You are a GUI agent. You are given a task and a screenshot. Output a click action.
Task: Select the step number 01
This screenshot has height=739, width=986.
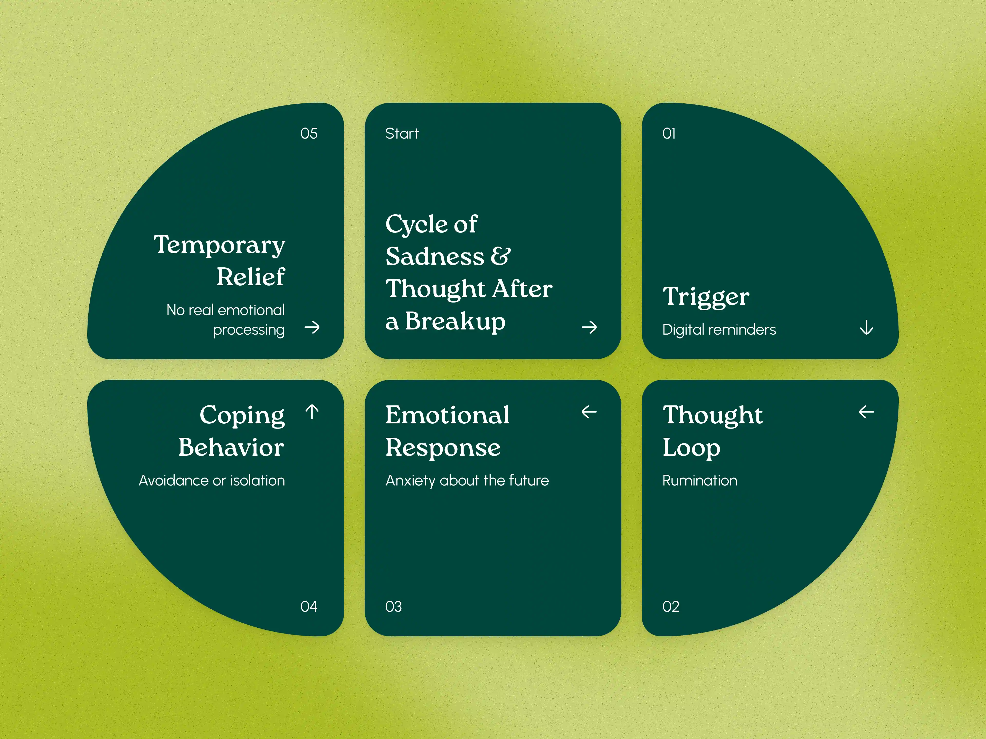point(669,134)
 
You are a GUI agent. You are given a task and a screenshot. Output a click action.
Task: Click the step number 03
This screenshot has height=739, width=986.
point(393,607)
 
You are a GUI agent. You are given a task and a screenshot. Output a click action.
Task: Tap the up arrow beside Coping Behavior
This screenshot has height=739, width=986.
point(312,412)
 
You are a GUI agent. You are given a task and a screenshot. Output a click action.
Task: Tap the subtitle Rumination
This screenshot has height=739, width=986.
point(699,481)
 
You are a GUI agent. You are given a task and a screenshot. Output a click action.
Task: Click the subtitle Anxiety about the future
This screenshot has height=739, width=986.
point(467,481)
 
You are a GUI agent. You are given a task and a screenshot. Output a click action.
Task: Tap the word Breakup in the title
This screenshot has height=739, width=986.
point(455,322)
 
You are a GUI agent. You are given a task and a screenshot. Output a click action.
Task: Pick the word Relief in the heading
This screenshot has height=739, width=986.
point(251,277)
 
